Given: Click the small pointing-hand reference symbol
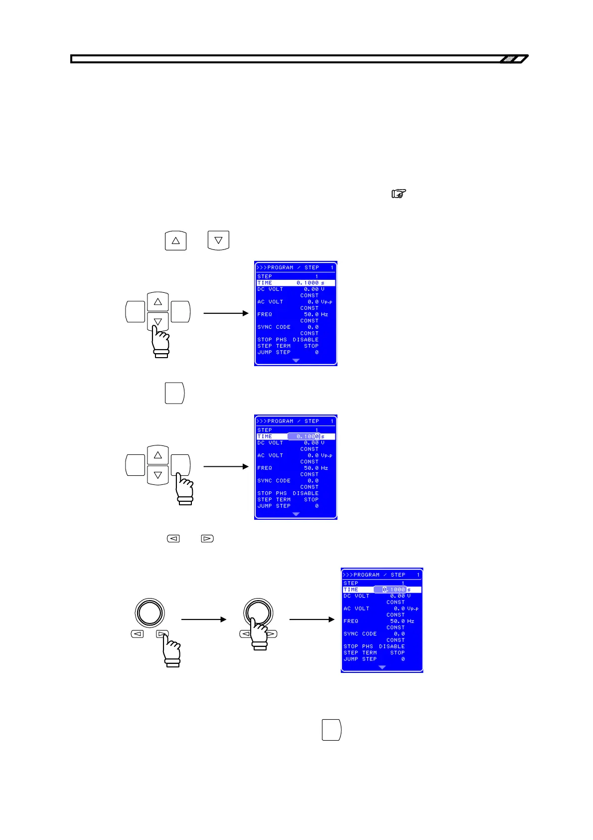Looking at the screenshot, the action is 399,194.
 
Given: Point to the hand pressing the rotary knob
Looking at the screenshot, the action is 259,635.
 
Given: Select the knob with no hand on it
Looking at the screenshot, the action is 149,612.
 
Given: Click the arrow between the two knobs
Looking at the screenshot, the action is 203,620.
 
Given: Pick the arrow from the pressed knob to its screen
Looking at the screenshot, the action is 311,620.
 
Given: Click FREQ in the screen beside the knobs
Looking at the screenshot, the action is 351,621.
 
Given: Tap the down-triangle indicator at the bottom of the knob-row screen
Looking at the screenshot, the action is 382,667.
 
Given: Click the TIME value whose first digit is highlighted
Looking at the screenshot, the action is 394,590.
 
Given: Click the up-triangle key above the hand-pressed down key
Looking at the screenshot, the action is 158,302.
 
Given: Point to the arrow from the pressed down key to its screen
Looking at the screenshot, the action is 226,313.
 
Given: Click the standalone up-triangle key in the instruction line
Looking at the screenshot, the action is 175,240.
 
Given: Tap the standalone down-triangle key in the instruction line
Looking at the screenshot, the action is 218,240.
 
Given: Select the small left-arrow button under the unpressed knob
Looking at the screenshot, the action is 138,634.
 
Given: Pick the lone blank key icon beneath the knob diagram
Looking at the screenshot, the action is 331,730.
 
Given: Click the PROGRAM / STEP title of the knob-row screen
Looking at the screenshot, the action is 379,575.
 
